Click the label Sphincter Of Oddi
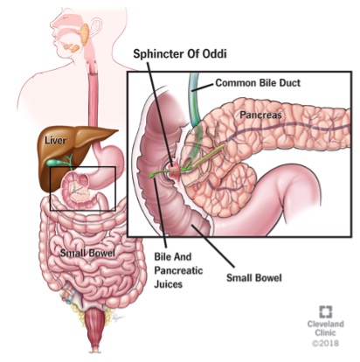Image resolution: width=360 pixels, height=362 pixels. [x=180, y=54]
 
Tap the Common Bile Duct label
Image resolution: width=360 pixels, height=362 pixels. [x=258, y=83]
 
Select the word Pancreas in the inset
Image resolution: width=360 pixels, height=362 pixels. [x=260, y=115]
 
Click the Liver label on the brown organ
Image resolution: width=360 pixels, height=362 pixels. [x=55, y=140]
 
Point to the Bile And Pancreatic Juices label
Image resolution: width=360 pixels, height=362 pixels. [x=178, y=270]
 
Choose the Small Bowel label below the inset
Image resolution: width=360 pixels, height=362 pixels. [x=254, y=278]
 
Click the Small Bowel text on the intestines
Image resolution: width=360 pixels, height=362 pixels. [x=87, y=253]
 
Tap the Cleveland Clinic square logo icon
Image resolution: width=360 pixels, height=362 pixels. [x=325, y=312]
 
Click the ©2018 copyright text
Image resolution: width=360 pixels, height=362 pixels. [x=325, y=343]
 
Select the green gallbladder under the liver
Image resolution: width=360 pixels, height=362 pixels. [x=53, y=162]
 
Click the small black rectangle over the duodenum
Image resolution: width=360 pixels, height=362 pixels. [x=83, y=167]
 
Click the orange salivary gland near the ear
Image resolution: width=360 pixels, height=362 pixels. [x=85, y=34]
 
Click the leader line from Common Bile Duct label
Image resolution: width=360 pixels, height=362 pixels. [x=203, y=87]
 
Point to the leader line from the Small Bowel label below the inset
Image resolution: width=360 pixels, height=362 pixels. [x=212, y=246]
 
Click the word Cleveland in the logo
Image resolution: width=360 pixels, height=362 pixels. [x=325, y=324]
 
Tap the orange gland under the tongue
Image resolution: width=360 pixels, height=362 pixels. [x=72, y=47]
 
